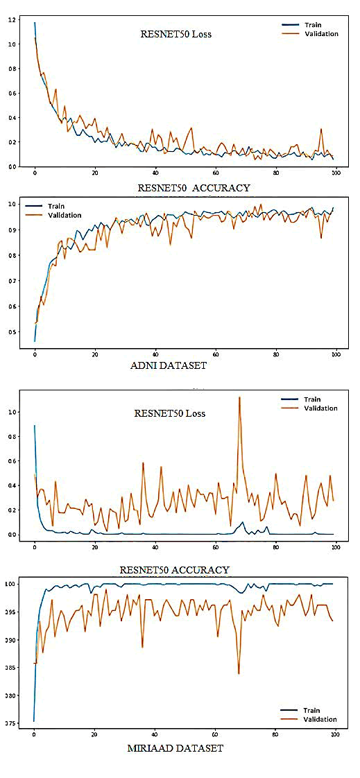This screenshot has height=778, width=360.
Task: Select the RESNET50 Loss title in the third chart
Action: click(170, 413)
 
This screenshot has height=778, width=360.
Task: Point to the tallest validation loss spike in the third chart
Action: click(239, 397)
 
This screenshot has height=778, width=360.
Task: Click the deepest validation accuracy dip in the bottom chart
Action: click(239, 673)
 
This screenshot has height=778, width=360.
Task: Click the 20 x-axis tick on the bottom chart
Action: click(94, 734)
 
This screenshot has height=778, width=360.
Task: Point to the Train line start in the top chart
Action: click(34, 23)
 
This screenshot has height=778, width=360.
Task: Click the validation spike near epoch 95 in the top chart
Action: click(321, 129)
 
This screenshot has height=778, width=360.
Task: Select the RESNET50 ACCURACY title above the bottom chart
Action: click(174, 570)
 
